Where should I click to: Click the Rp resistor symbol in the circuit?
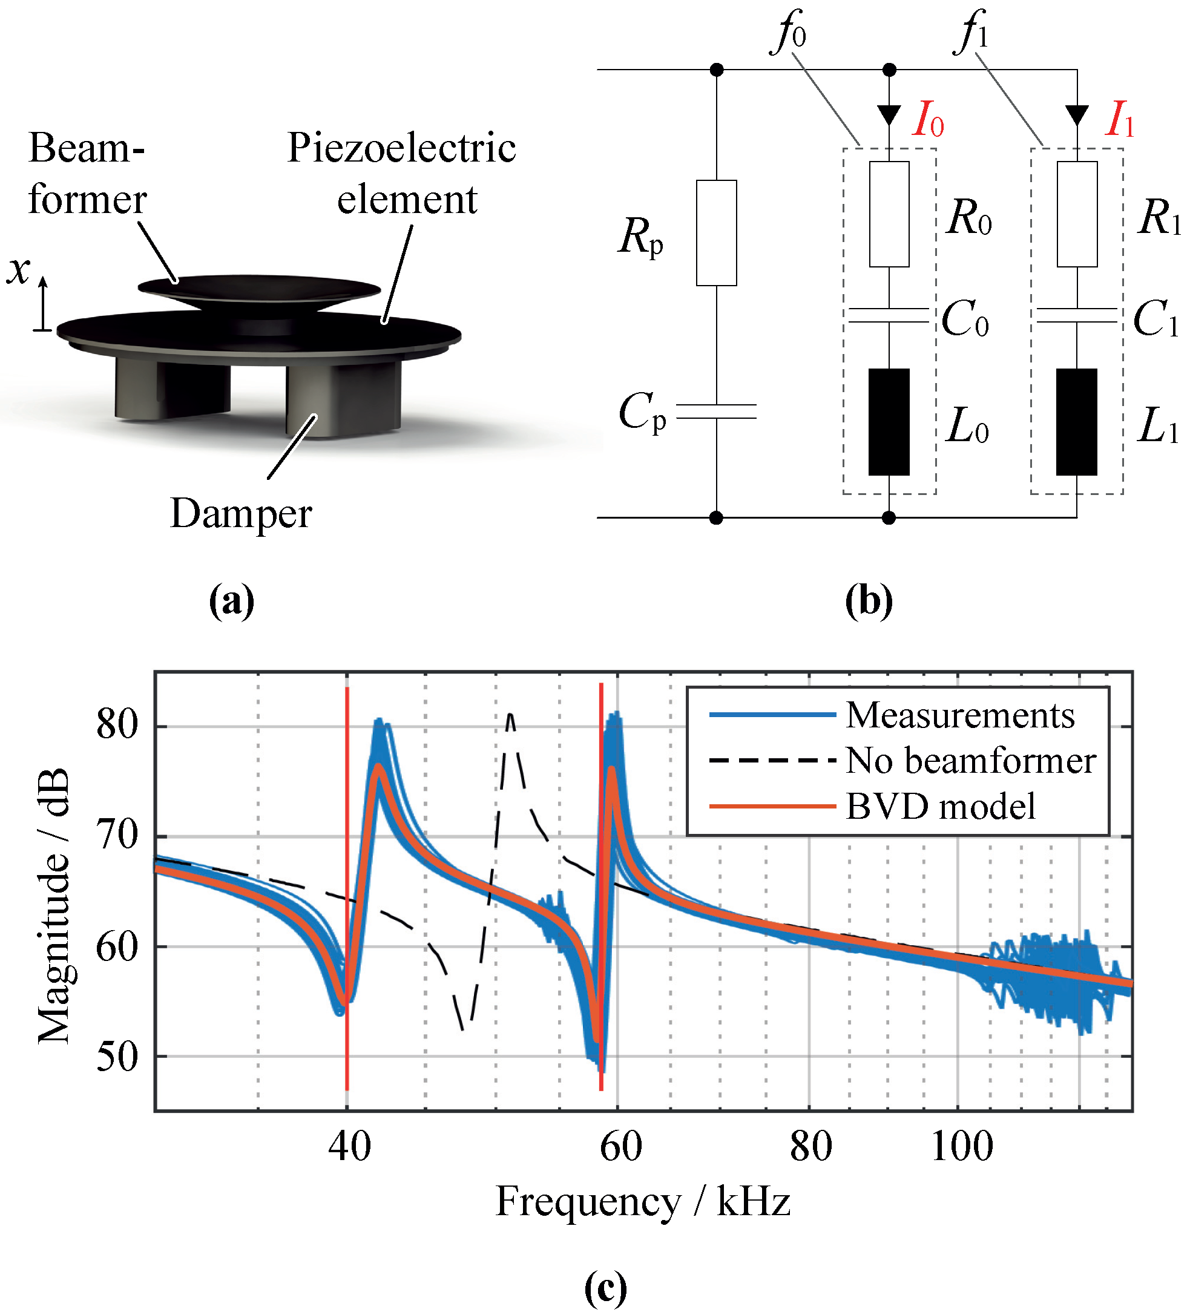[x=715, y=233]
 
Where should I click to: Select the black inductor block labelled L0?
[x=888, y=422]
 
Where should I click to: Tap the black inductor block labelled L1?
[x=1076, y=422]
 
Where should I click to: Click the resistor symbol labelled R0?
[x=889, y=214]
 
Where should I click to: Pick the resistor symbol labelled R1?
[x=1076, y=214]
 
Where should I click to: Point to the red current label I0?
[x=928, y=119]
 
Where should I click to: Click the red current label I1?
[x=1119, y=119]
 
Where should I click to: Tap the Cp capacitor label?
[x=642, y=412]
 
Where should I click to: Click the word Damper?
[x=241, y=513]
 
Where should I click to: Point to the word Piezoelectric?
[x=401, y=148]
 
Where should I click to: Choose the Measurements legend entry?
[x=959, y=715]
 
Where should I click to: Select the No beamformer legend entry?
[x=970, y=761]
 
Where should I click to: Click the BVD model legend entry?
[x=940, y=806]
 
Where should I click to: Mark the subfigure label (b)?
[x=869, y=601]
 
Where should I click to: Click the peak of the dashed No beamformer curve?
[x=511, y=715]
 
